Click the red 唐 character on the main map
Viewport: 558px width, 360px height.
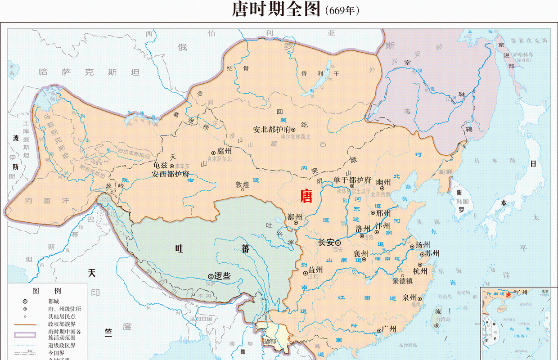coord(306,196)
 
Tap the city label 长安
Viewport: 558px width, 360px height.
coord(325,242)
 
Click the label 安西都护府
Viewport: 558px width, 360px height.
coord(170,174)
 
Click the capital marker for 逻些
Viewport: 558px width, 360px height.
coord(211,276)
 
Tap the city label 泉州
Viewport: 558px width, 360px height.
coord(409,297)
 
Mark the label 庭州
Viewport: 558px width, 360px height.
coord(224,151)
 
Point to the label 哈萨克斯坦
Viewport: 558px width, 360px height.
coord(89,72)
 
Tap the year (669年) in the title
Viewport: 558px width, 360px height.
coord(342,10)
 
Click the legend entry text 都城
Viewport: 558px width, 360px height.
coord(54,301)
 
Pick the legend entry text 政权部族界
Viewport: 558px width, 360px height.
coord(62,324)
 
